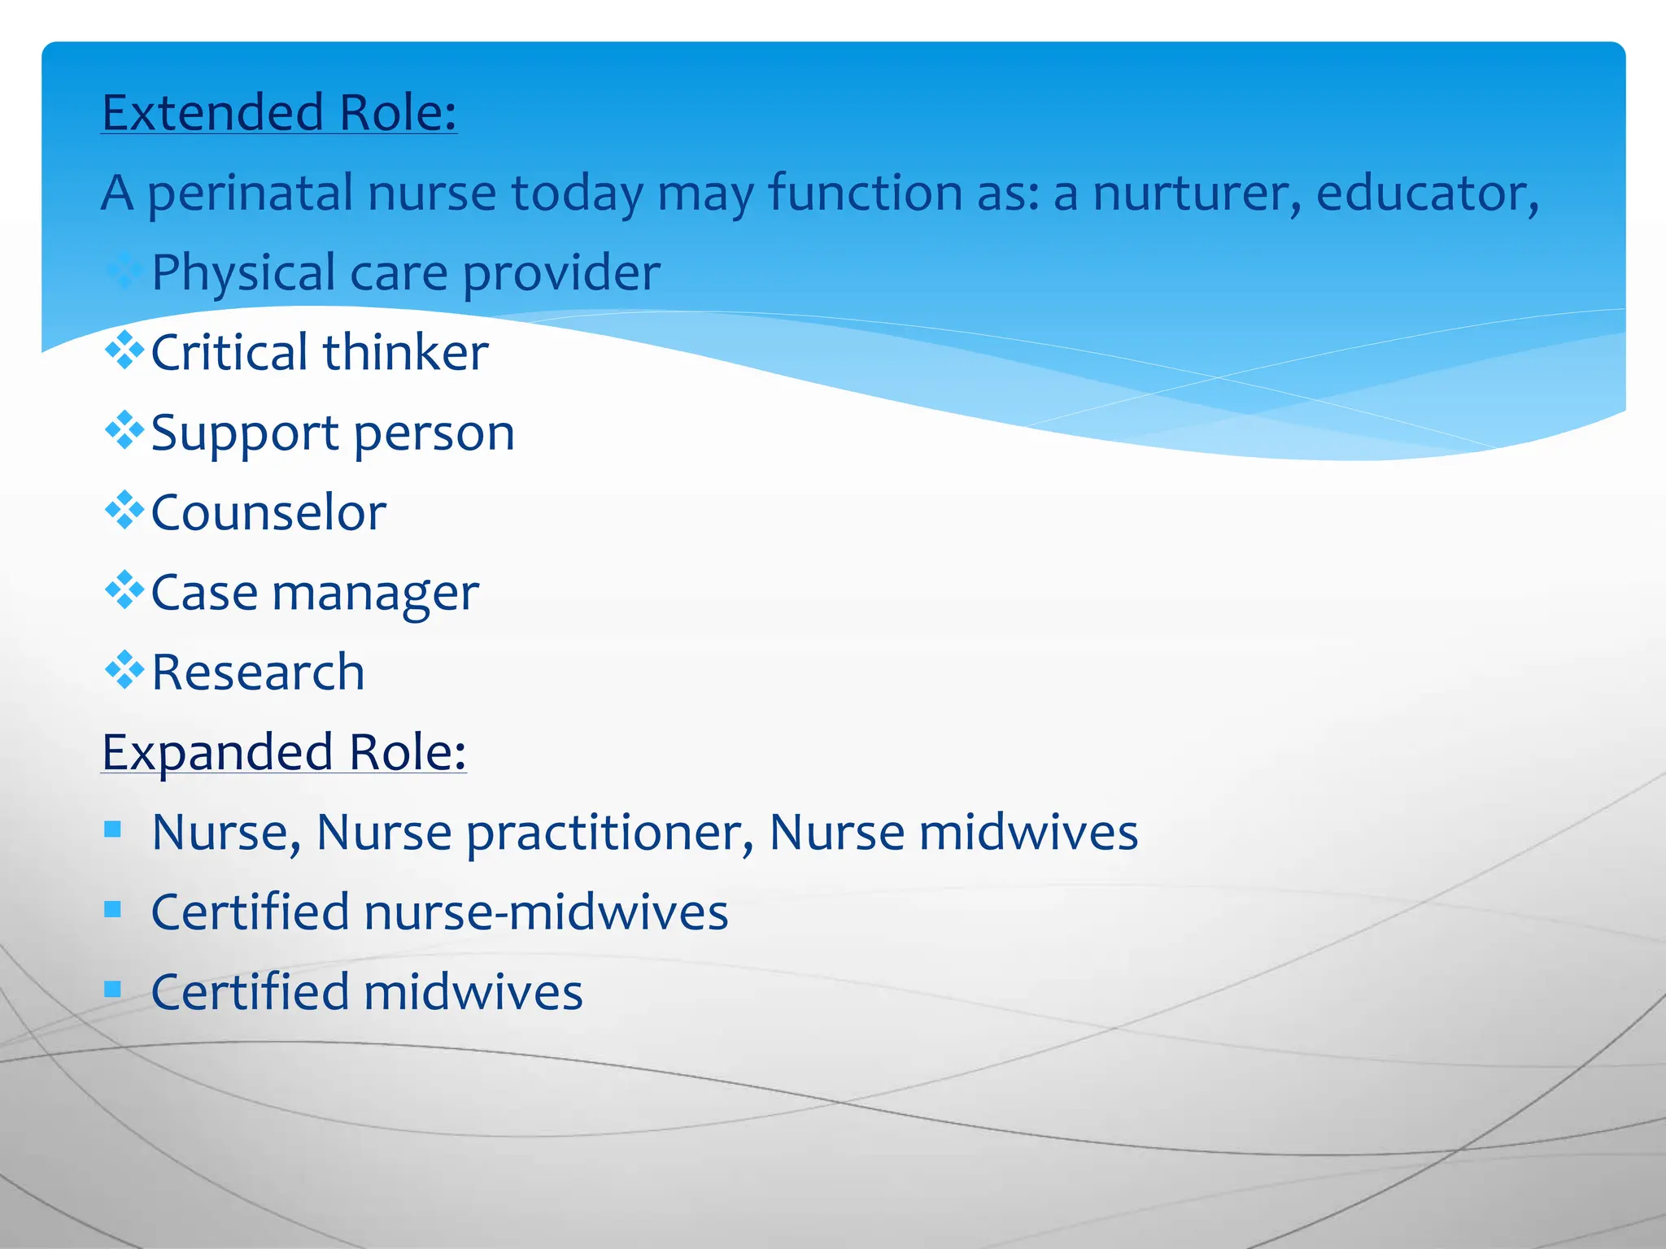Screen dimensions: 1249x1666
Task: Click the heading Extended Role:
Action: (279, 112)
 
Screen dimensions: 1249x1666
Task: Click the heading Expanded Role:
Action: (284, 751)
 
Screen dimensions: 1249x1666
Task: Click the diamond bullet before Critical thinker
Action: (124, 350)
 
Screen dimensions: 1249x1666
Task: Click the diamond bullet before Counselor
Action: (124, 511)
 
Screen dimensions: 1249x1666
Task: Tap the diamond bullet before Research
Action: (124, 670)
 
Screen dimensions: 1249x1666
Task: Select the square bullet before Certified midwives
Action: (113, 990)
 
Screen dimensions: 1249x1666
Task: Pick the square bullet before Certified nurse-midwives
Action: (113, 909)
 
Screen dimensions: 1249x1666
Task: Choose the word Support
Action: (245, 433)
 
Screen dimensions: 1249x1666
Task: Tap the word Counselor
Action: (268, 512)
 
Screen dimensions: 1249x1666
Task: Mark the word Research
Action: (258, 672)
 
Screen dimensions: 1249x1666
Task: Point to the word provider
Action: (561, 273)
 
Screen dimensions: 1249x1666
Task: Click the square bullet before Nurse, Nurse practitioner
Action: (113, 829)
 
